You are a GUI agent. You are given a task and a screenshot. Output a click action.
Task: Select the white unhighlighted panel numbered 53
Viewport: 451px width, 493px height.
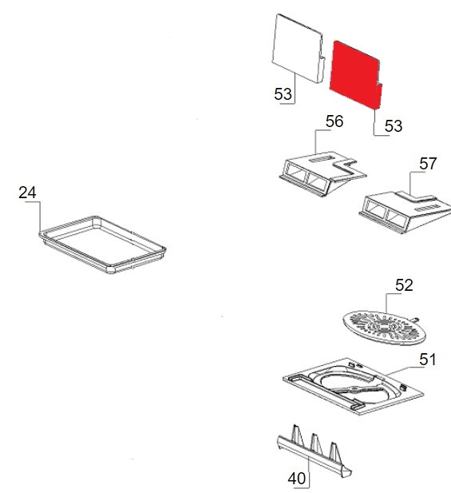(297, 47)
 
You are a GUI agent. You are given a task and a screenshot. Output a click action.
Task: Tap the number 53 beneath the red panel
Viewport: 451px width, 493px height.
(394, 126)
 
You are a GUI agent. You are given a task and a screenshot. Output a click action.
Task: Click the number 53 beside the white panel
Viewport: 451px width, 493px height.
(283, 94)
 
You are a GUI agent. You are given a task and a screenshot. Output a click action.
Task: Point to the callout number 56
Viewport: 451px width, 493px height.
(334, 121)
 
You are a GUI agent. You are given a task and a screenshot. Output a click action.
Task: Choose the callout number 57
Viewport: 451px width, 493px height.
(428, 164)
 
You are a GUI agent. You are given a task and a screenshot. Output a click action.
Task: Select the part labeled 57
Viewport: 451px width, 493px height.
(406, 213)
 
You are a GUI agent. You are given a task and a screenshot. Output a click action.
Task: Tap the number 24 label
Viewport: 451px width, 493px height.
(27, 193)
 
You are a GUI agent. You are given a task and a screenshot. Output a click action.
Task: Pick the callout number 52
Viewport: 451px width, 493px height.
(404, 285)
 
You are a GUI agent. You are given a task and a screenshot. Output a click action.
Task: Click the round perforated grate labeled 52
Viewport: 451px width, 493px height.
(384, 328)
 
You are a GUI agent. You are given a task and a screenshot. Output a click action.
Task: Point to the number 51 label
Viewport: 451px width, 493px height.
(427, 360)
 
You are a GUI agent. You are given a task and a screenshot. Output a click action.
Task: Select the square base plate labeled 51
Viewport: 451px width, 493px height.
(354, 386)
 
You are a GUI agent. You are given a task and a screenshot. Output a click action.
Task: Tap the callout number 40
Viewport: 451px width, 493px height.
(296, 479)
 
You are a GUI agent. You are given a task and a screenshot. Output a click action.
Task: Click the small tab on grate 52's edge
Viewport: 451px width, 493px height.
(415, 319)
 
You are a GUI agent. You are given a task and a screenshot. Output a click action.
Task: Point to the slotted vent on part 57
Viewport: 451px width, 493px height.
(426, 208)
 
